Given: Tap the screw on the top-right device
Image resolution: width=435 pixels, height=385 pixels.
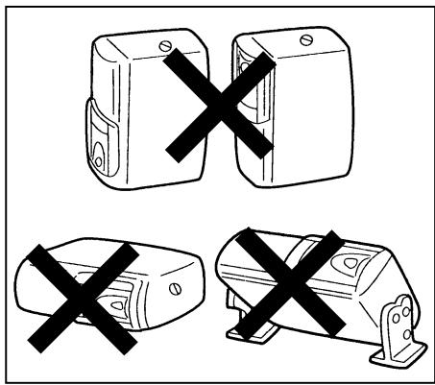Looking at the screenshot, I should [x=305, y=40].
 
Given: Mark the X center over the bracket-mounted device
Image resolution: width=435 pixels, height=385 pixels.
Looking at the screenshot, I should [x=286, y=285].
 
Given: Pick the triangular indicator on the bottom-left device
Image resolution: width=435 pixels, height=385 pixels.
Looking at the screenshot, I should [x=116, y=304].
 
